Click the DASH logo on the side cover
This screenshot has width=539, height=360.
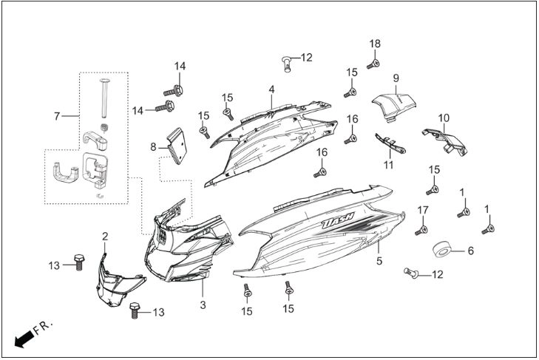pos(338,221)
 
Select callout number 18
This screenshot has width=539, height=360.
pos(375,44)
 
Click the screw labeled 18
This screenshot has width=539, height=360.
pos(373,64)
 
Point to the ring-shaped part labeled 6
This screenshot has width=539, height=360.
pos(441,250)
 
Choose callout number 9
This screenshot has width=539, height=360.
pos(396,78)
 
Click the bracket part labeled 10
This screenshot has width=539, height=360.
pos(445,141)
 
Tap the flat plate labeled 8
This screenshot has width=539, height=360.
pos(177,146)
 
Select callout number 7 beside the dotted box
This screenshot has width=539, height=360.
pos(57,116)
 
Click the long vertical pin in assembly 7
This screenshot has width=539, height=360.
pos(104,98)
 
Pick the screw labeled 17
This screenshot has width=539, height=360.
pos(421,231)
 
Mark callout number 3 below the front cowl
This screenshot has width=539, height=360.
pos(203,305)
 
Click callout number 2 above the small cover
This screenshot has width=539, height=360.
pos(105,237)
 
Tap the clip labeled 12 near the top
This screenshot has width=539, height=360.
pos(287,64)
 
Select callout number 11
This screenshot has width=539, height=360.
pos(388,165)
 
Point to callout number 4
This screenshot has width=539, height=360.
pos(271,89)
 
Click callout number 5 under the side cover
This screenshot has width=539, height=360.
pos(379,261)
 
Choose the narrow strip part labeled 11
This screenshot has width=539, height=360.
pos(390,143)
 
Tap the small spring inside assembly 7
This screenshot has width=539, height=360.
pos(104,128)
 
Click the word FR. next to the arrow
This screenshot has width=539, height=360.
pos(44,328)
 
